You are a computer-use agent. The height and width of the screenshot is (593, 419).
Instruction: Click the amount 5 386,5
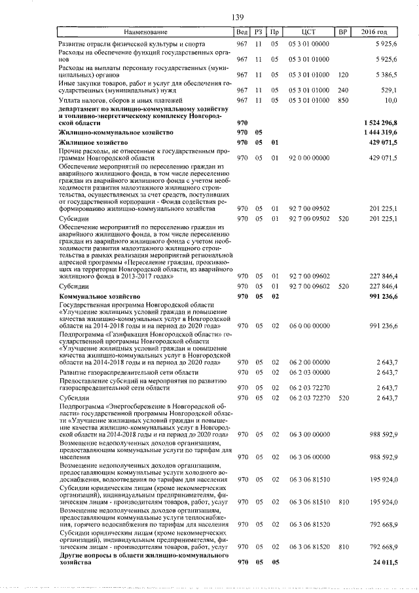pyautogui.click(x=384, y=75)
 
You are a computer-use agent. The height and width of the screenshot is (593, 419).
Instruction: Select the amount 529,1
pyautogui.click(x=388, y=90)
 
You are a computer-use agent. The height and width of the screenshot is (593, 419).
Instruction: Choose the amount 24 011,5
pyautogui.click(x=385, y=562)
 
